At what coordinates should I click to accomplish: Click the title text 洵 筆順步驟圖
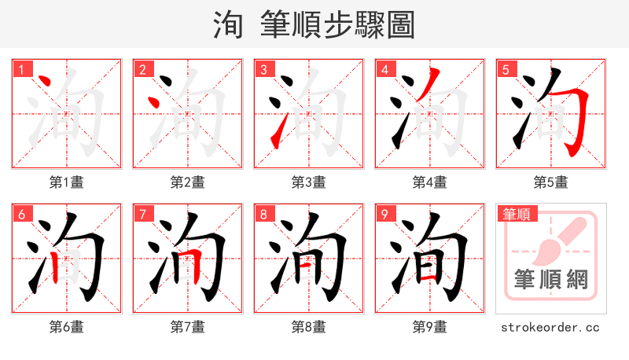click(x=314, y=25)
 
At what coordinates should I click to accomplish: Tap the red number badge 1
click(x=20, y=69)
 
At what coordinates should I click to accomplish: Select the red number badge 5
click(x=505, y=69)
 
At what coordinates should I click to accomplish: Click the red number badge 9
click(x=384, y=214)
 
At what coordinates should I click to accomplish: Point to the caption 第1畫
click(x=66, y=182)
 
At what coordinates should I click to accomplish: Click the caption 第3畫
click(x=308, y=182)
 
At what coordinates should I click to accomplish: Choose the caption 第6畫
click(x=66, y=327)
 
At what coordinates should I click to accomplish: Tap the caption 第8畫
click(x=308, y=327)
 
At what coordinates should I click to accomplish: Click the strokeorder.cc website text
click(x=550, y=327)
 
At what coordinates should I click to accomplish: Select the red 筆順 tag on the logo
click(x=516, y=213)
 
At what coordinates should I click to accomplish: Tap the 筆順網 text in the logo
click(x=550, y=280)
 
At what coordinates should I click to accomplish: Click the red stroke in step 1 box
click(x=45, y=82)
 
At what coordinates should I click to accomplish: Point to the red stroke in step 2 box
click(x=155, y=103)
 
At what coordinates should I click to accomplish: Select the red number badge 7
click(x=142, y=214)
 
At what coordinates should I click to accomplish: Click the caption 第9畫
click(x=429, y=327)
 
